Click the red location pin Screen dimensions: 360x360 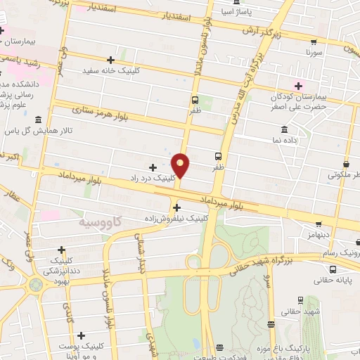click(x=181, y=164)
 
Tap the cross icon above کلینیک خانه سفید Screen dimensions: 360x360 click(x=110, y=60)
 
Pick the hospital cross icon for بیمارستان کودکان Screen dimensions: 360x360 click(x=299, y=85)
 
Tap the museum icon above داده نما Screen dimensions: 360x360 click(x=283, y=130)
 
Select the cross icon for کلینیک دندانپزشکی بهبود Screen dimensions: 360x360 click(x=62, y=250)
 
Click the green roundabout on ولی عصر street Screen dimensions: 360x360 click(x=35, y=285)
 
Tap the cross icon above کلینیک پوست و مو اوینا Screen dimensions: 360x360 click(x=82, y=335)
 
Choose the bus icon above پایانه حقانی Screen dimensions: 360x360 click(x=332, y=269)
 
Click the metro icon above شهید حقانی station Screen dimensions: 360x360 click(x=271, y=323)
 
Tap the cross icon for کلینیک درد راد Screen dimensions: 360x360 click(x=153, y=167)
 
